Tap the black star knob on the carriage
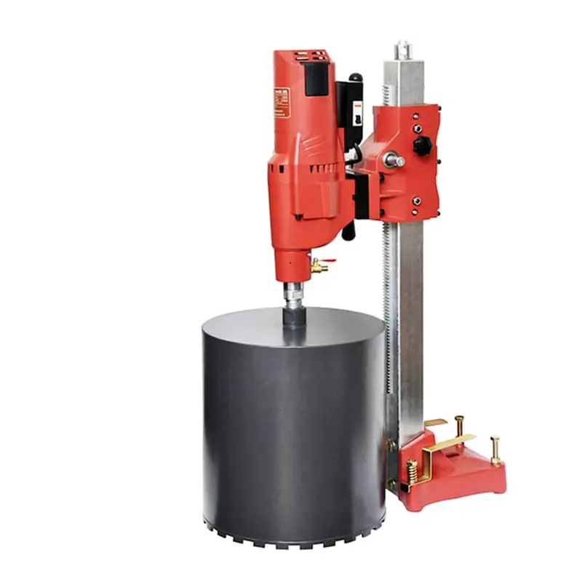point(423,145)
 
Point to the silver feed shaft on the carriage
point(394,160)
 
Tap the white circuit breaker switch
point(357,113)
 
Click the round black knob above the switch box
point(355,77)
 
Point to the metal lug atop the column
point(402,50)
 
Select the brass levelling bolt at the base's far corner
point(496,450)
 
